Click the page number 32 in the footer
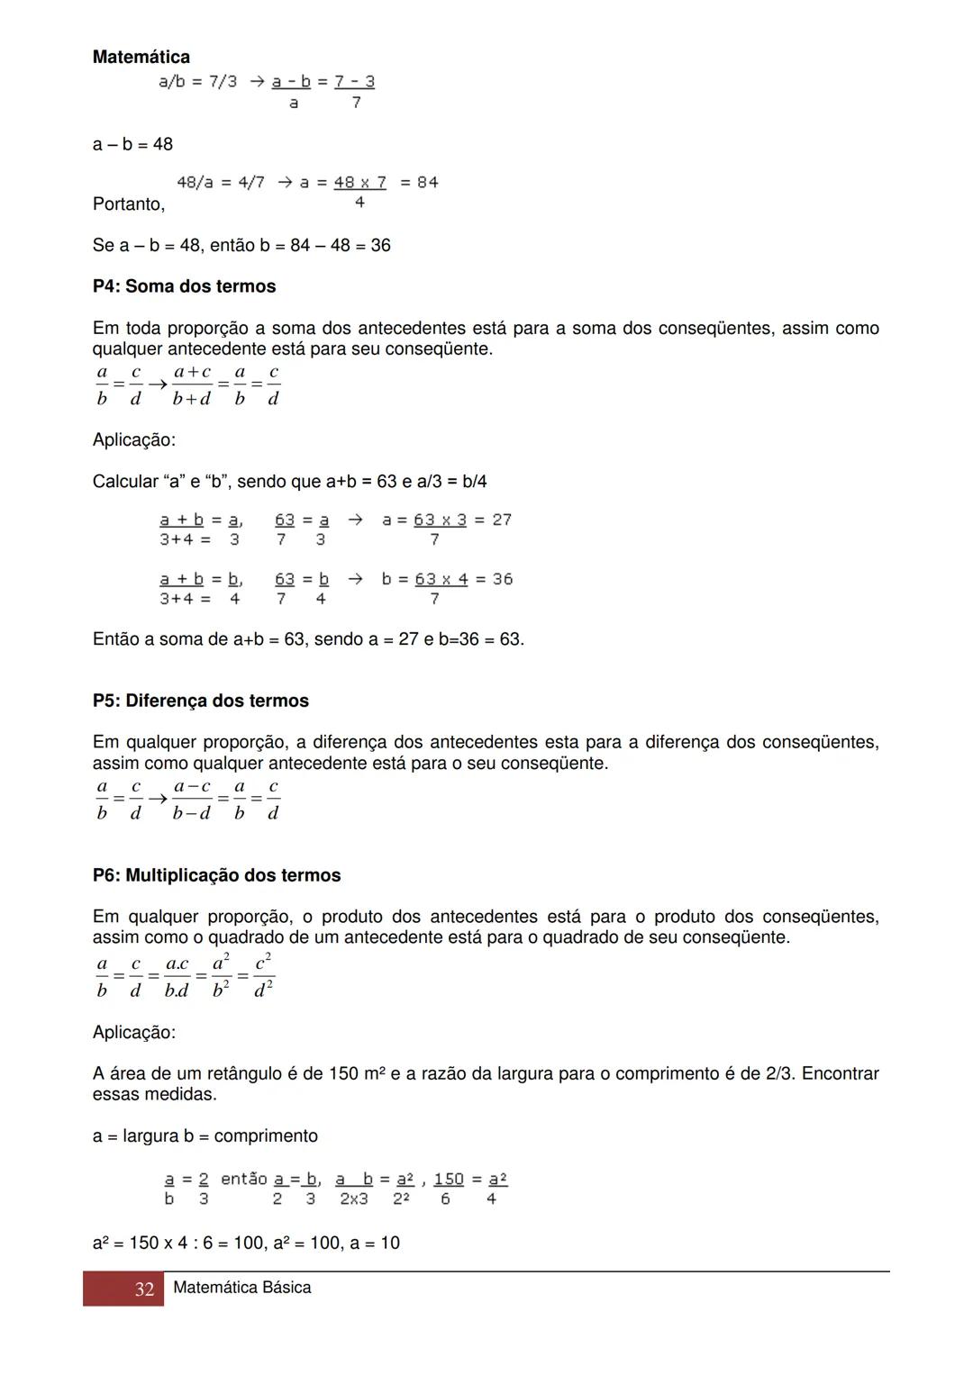pyautogui.click(x=144, y=1289)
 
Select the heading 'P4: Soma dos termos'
pyautogui.click(x=184, y=286)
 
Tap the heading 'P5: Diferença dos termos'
pyautogui.click(x=200, y=701)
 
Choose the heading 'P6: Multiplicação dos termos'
pyautogui.click(x=216, y=875)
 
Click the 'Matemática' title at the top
pyautogui.click(x=141, y=58)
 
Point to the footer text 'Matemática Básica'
pyautogui.click(x=241, y=1288)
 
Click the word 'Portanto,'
pyautogui.click(x=129, y=204)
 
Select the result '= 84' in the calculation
pyautogui.click(x=419, y=183)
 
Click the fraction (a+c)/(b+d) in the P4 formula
pyautogui.click(x=192, y=385)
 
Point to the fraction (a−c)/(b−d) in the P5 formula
pyautogui.click(x=192, y=800)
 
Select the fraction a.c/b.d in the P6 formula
pyautogui.click(x=177, y=977)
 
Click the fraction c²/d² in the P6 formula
pyautogui.click(x=263, y=976)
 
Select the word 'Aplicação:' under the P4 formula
pyautogui.click(x=134, y=440)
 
